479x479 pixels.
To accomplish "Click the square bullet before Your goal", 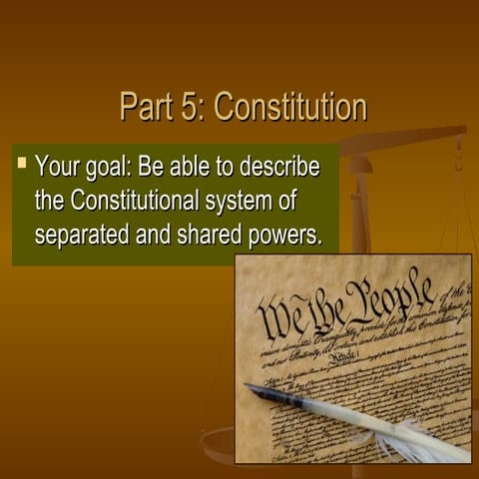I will [x=22, y=160].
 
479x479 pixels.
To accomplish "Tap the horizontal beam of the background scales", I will [x=399, y=140].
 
